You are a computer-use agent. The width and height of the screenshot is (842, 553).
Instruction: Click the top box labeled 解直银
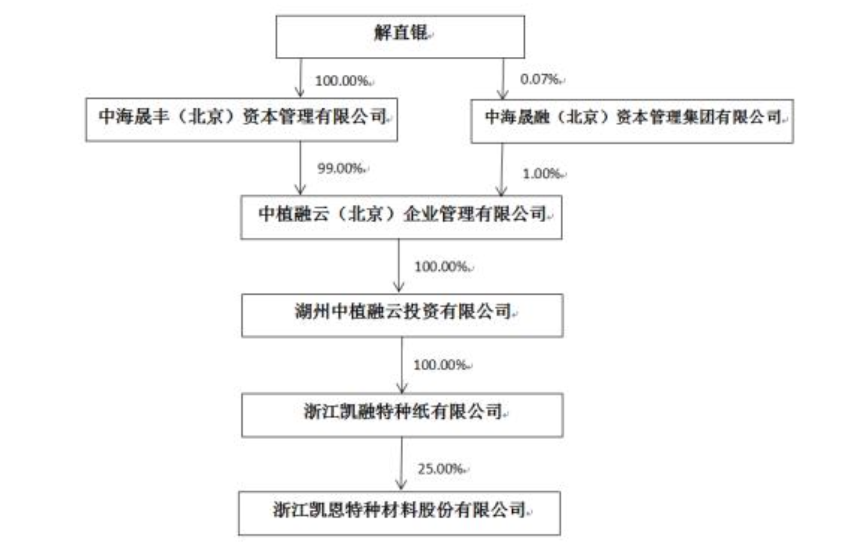click(400, 36)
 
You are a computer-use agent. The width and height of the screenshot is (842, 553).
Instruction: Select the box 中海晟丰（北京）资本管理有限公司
click(242, 119)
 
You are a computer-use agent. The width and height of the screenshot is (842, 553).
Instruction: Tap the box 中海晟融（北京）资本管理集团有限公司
click(632, 121)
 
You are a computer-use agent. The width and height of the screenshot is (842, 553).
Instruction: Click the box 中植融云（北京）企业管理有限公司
click(401, 217)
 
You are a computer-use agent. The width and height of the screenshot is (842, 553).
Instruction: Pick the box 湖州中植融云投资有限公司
click(402, 315)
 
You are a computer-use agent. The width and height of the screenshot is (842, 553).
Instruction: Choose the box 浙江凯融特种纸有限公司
click(402, 415)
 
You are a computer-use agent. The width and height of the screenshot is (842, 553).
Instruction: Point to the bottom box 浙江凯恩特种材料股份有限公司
click(399, 513)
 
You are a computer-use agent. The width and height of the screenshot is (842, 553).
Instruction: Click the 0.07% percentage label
click(539, 79)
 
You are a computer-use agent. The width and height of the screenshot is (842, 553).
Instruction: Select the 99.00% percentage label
click(340, 168)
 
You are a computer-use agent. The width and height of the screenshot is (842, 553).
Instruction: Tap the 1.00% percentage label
click(541, 173)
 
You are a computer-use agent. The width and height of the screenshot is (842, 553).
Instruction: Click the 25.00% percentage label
click(440, 469)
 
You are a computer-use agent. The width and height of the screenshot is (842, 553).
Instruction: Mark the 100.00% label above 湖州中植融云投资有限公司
click(440, 266)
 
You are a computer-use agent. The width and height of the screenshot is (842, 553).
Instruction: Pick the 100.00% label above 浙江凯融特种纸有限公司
click(439, 364)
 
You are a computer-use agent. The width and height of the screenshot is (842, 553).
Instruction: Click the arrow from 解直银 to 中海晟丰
click(300, 78)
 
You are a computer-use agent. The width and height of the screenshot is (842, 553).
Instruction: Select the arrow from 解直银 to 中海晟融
click(503, 79)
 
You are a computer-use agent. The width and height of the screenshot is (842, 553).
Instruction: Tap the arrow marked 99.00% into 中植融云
click(300, 168)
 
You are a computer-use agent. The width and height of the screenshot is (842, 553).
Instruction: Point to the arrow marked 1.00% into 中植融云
click(502, 170)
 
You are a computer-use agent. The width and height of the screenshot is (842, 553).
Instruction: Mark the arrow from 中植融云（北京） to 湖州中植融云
click(399, 266)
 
